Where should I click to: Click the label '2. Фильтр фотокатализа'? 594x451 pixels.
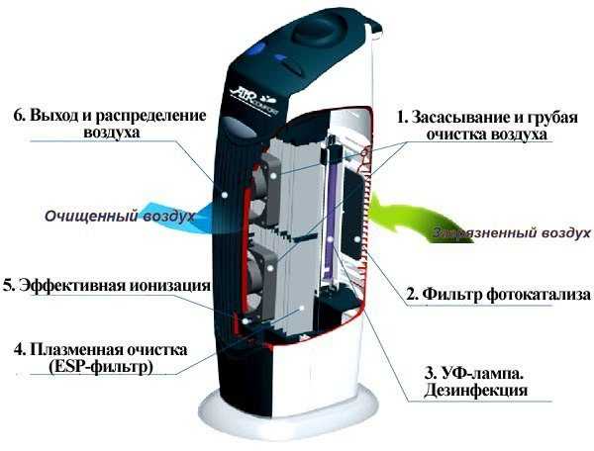coord(498,295)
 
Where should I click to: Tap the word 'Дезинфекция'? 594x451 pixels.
coord(475,390)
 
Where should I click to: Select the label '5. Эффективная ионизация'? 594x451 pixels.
coord(107,285)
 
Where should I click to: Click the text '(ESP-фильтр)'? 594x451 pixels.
coord(100,366)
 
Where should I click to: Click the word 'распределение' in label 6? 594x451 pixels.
coord(150,115)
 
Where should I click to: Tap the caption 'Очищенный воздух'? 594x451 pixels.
coord(120,217)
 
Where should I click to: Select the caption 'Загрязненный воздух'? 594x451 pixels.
coord(512,232)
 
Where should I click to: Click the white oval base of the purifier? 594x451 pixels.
coord(288,412)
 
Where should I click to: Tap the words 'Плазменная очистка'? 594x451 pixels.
coord(108,349)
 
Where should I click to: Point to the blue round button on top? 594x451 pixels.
coord(257,49)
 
